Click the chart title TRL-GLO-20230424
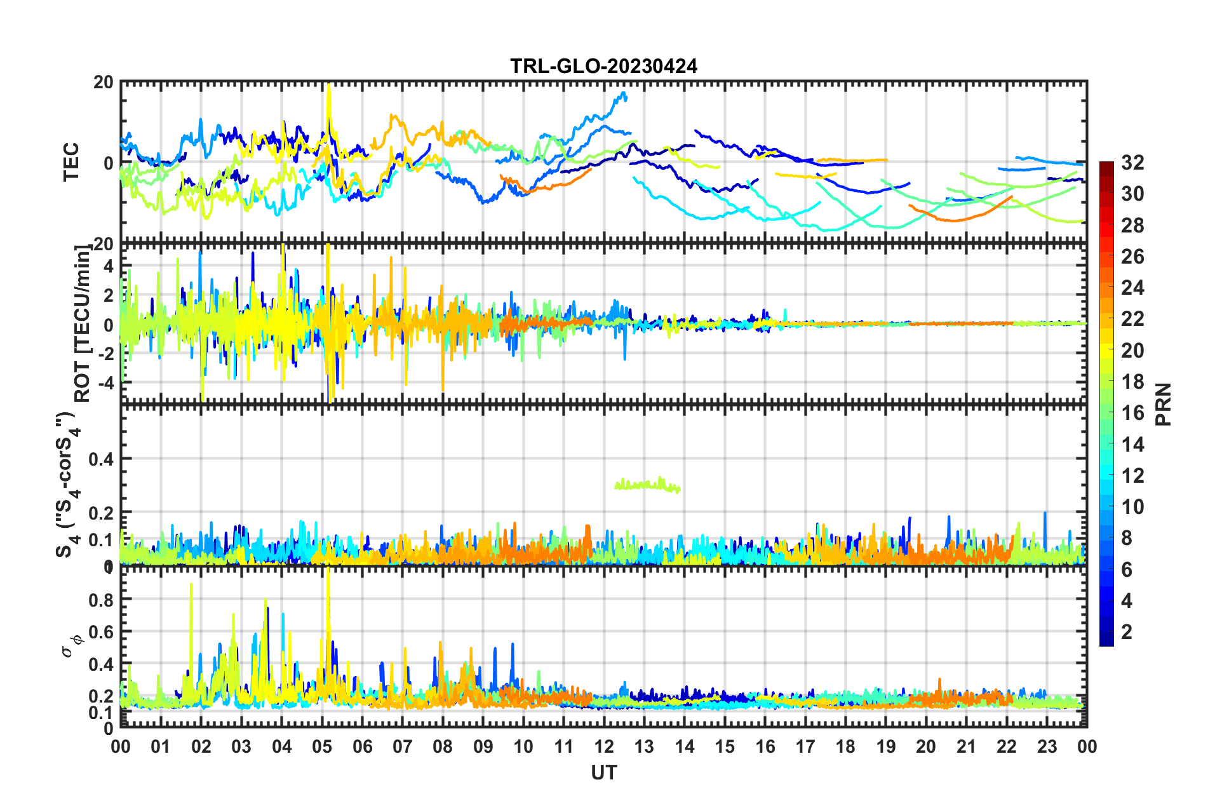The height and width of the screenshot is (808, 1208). coord(603,66)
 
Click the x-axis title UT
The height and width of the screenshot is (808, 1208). coord(603,772)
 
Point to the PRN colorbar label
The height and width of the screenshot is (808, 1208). coord(1163,405)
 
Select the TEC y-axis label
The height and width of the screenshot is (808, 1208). coord(71,162)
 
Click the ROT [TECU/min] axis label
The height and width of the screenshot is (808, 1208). coord(83,324)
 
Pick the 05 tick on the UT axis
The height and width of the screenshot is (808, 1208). coord(322,746)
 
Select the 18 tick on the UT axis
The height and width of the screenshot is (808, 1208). coord(845,746)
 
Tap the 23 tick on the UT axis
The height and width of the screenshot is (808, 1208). coord(1047,746)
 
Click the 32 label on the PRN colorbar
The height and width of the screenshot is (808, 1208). coord(1132,163)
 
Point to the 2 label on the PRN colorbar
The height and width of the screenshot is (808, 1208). coord(1127,631)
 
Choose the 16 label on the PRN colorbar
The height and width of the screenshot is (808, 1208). coord(1132,413)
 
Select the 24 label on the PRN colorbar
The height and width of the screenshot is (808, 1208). coord(1132,288)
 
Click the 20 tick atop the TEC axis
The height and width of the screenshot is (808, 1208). coord(104,83)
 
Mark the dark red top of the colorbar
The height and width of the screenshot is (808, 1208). coord(1106,166)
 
